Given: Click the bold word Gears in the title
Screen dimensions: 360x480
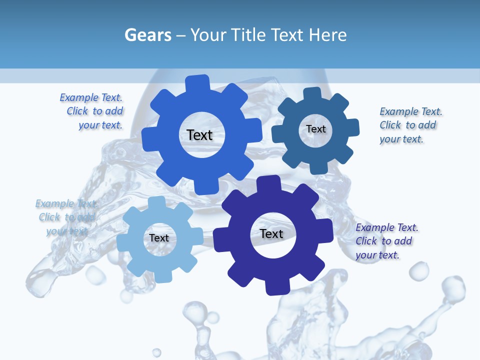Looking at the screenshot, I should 147,35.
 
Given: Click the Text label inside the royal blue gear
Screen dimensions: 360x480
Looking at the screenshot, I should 199,135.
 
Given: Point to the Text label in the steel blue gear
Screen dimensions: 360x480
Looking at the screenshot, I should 315,129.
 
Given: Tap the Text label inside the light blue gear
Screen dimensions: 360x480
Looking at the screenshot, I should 159,238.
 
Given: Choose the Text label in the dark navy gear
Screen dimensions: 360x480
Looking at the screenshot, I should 271,233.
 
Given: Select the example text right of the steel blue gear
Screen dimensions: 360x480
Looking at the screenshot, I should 410,125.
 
